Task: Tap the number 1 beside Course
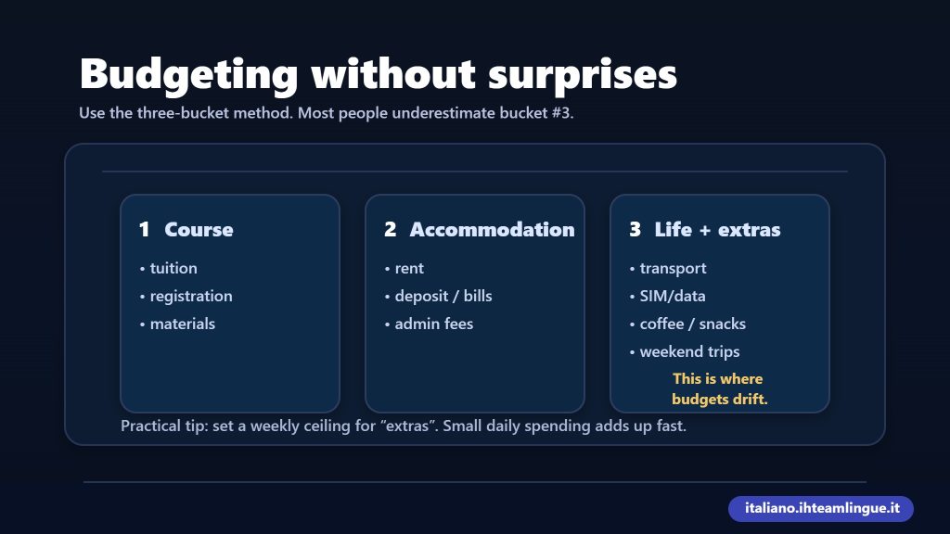(x=144, y=230)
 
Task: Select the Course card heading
(x=199, y=230)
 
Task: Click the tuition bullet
(x=173, y=268)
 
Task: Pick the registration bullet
(x=190, y=296)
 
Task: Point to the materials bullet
(x=182, y=324)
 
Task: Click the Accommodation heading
(x=492, y=230)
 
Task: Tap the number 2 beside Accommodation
(x=390, y=230)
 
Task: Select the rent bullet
(x=408, y=268)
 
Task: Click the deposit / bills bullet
(x=443, y=296)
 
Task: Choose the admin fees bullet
(x=433, y=324)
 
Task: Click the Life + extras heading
(x=717, y=230)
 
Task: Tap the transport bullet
(x=673, y=268)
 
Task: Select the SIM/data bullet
(x=672, y=296)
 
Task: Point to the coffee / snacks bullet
(x=692, y=324)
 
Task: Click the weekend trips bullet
(x=689, y=351)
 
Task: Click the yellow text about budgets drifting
(x=719, y=389)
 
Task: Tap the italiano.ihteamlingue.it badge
(x=820, y=509)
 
